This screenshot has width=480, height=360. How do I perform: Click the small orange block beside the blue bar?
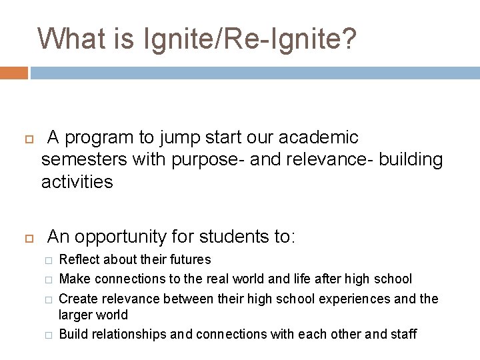coord(14,73)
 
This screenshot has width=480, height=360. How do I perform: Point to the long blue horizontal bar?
coord(255,73)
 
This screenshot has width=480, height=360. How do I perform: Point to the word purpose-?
coord(198,160)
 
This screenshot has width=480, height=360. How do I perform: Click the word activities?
coord(77,181)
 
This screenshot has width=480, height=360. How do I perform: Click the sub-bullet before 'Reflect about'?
coord(47,260)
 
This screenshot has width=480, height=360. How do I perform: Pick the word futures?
coord(190,259)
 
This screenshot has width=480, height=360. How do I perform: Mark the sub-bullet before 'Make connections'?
coord(47,279)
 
